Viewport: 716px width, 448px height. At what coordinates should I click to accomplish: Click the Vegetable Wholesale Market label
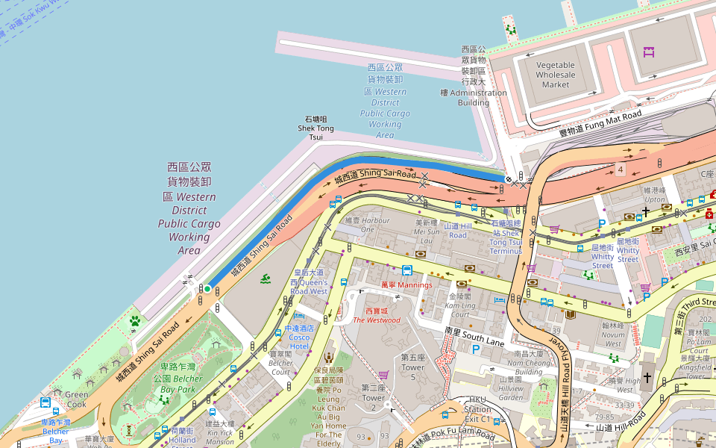556,75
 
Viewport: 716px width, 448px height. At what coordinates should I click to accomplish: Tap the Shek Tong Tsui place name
316,128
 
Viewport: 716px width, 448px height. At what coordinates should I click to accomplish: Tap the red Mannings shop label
406,285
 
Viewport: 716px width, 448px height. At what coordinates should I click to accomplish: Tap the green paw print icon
135,321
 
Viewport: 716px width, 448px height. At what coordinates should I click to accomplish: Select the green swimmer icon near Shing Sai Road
266,279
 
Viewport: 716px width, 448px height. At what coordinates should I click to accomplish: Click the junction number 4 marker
620,169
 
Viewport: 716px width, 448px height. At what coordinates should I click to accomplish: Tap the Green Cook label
76,399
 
